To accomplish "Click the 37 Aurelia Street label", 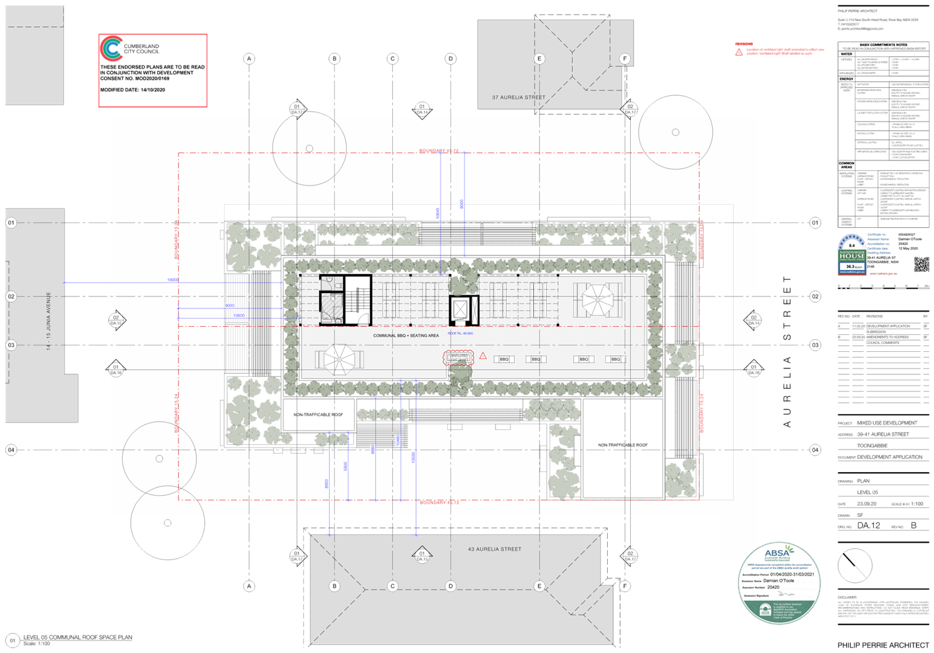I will point(519,98).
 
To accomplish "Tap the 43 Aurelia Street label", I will point(495,549).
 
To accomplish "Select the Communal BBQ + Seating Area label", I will point(406,335).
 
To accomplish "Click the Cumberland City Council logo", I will point(110,49).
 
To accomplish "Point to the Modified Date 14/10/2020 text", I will point(133,90).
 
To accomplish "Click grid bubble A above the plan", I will point(249,59).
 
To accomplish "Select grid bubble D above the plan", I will point(451,59).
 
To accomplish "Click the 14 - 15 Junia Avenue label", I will point(48,321).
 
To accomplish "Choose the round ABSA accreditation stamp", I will point(779,582).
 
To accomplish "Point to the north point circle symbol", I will point(855,566).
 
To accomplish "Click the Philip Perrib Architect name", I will point(883,645).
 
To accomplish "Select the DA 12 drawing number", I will point(869,526).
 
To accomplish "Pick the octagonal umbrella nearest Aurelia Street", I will point(596,300).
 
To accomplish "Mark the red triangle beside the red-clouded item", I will point(483,357).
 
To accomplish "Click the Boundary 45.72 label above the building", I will point(439,151).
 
